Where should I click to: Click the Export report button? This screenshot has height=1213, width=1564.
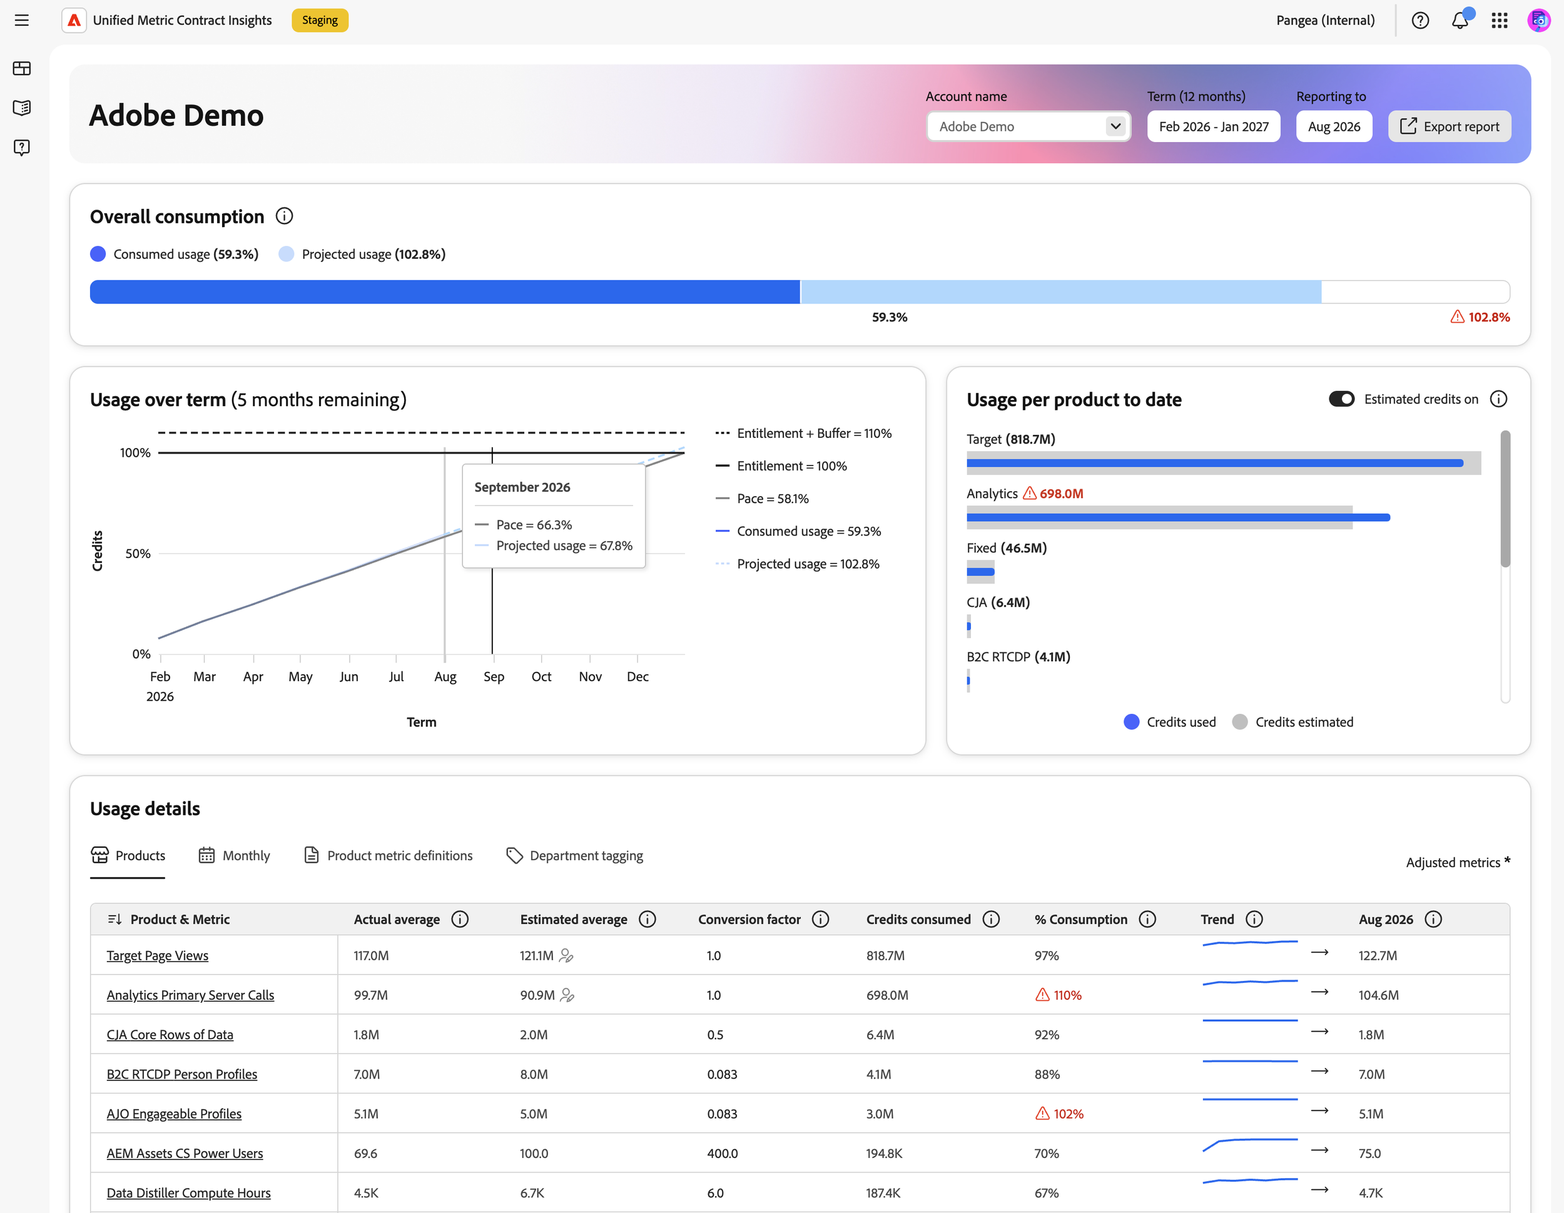tap(1449, 127)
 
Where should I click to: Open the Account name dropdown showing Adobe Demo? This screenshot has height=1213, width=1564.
tap(1028, 127)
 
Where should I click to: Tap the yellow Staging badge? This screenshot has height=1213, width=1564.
tap(320, 20)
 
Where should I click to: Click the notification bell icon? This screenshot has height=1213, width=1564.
tap(1460, 20)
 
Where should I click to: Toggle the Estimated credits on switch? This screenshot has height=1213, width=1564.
tap(1341, 399)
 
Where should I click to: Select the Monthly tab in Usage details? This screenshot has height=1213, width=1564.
tap(234, 856)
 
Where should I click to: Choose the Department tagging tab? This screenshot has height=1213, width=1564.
tap(574, 856)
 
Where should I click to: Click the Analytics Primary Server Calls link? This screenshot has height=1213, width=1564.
tap(190, 995)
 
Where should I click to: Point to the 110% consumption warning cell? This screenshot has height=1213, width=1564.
tap(1059, 995)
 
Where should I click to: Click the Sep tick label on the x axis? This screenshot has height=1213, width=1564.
tap(494, 677)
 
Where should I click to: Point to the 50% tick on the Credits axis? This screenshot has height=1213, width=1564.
tap(138, 554)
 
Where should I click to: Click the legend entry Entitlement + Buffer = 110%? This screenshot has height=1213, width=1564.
tap(803, 433)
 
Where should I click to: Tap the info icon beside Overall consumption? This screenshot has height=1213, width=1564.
tap(284, 216)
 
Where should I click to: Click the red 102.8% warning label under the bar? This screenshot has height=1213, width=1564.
tap(1480, 317)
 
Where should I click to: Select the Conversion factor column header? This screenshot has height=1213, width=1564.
tap(749, 920)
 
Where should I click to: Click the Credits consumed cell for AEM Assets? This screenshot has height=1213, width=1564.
tap(884, 1153)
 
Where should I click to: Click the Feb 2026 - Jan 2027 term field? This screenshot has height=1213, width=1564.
tap(1213, 127)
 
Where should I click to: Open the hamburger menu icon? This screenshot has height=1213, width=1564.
tap(22, 20)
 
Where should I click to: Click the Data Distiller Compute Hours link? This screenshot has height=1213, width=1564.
tap(188, 1192)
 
